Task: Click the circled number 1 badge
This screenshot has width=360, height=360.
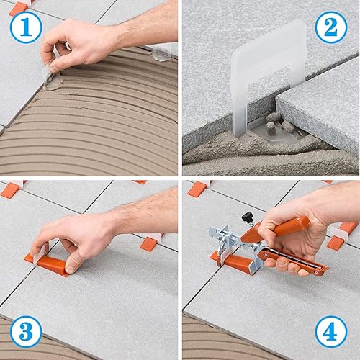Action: click(x=26, y=27)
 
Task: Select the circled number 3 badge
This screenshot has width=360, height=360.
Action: click(x=26, y=332)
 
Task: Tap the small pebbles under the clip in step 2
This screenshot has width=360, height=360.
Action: click(x=277, y=127)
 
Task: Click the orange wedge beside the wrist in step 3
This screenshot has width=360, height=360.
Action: click(x=150, y=242)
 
